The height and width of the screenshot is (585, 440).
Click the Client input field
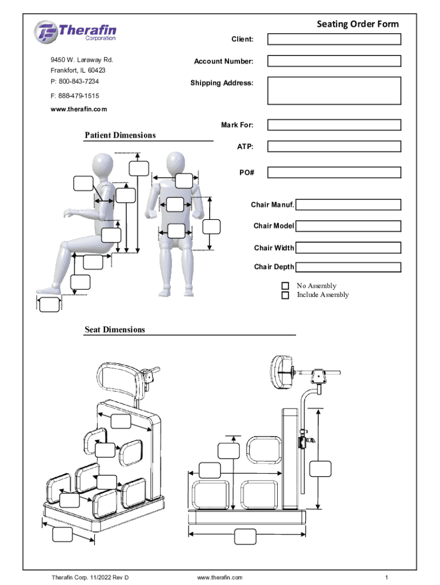pyautogui.click(x=334, y=39)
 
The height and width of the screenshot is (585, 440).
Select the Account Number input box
pyautogui.click(x=334, y=61)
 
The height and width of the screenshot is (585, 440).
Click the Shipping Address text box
pyautogui.click(x=334, y=91)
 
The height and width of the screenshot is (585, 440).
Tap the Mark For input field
pyautogui.click(x=334, y=125)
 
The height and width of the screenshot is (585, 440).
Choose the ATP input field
pyautogui.click(x=334, y=146)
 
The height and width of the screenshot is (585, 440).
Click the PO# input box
pyautogui.click(x=334, y=173)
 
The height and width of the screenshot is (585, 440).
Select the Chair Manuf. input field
pyautogui.click(x=348, y=205)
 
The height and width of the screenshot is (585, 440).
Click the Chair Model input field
pyautogui.click(x=348, y=226)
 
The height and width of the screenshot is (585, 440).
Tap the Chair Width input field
pyautogui.click(x=348, y=248)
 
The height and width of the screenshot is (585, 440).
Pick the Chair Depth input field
pyautogui.click(x=348, y=267)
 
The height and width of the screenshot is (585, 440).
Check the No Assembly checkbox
pyautogui.click(x=285, y=286)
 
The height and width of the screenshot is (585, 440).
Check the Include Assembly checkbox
pyautogui.click(x=285, y=295)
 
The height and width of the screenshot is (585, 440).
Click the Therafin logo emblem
pyautogui.click(x=46, y=32)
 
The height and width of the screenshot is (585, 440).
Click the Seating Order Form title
pyautogui.click(x=358, y=24)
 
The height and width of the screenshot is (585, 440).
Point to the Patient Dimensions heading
pyautogui.click(x=120, y=135)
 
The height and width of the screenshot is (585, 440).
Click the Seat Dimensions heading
pyautogui.click(x=115, y=330)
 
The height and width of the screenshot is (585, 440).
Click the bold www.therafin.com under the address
pyautogui.click(x=79, y=109)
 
